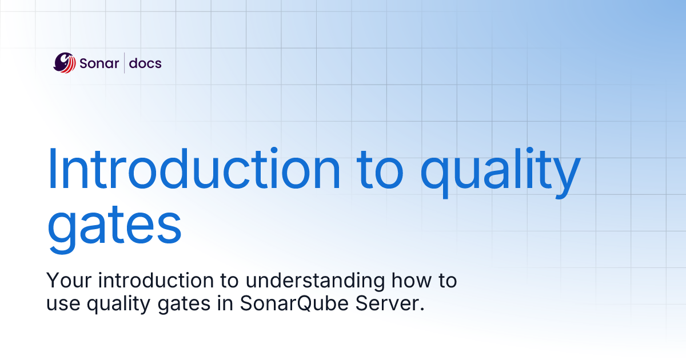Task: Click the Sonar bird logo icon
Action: tap(65, 63)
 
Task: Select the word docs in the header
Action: tap(145, 63)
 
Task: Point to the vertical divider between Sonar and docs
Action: tap(125, 63)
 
